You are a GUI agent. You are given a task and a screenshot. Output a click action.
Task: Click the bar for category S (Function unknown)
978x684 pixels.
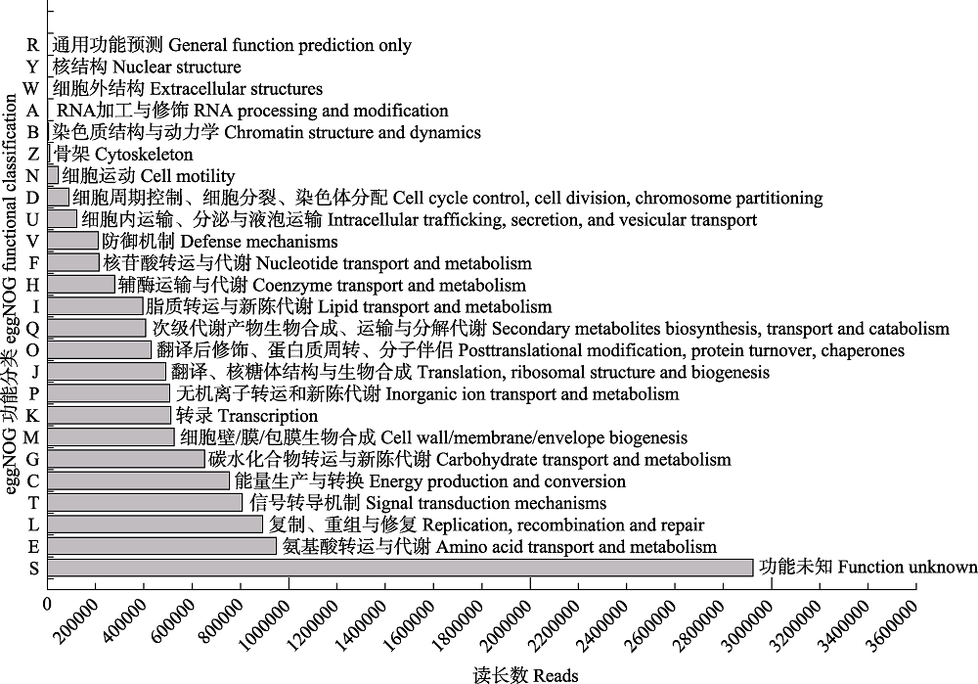(x=400, y=568)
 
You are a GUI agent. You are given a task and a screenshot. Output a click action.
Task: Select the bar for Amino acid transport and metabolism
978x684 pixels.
(x=161, y=546)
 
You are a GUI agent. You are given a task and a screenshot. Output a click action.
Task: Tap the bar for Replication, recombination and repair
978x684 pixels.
(x=155, y=524)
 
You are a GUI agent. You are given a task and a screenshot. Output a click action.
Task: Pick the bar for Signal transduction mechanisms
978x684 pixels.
(x=145, y=502)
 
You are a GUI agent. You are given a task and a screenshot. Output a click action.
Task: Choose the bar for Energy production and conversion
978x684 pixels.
(x=139, y=480)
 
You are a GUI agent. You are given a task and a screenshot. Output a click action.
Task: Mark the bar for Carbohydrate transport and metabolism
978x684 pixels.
(x=126, y=459)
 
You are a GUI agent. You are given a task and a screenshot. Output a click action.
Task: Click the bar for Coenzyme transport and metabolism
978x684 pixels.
(x=81, y=285)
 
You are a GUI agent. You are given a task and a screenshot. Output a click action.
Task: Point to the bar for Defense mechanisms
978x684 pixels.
(x=73, y=241)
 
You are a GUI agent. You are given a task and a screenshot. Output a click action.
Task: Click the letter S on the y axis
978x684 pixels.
(x=33, y=569)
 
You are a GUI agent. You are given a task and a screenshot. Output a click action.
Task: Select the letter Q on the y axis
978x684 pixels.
(x=32, y=329)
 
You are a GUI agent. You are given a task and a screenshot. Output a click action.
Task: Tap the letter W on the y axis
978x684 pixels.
(x=31, y=89)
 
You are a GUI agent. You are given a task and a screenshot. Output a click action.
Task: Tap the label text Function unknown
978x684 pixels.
(x=908, y=568)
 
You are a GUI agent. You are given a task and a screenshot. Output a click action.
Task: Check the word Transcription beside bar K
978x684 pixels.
(x=268, y=416)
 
